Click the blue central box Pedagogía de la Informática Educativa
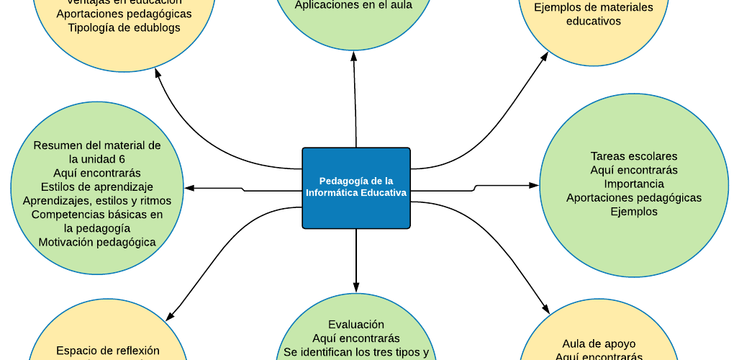click(356, 187)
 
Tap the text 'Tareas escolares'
click(633, 156)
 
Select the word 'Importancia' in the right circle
click(633, 184)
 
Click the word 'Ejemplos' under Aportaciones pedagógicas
click(633, 212)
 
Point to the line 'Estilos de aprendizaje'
click(97, 186)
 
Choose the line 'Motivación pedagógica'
click(97, 242)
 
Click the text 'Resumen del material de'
click(97, 145)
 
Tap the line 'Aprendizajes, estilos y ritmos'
click(97, 200)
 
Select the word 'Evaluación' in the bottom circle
click(356, 325)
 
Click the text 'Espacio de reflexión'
click(108, 351)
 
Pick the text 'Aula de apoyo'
click(599, 343)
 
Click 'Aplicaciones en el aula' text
click(353, 4)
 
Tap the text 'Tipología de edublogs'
click(124, 27)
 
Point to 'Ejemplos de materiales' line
click(594, 8)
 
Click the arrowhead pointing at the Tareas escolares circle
click(534, 185)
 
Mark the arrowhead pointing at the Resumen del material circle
click(189, 188)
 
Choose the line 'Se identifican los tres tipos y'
click(356, 353)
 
